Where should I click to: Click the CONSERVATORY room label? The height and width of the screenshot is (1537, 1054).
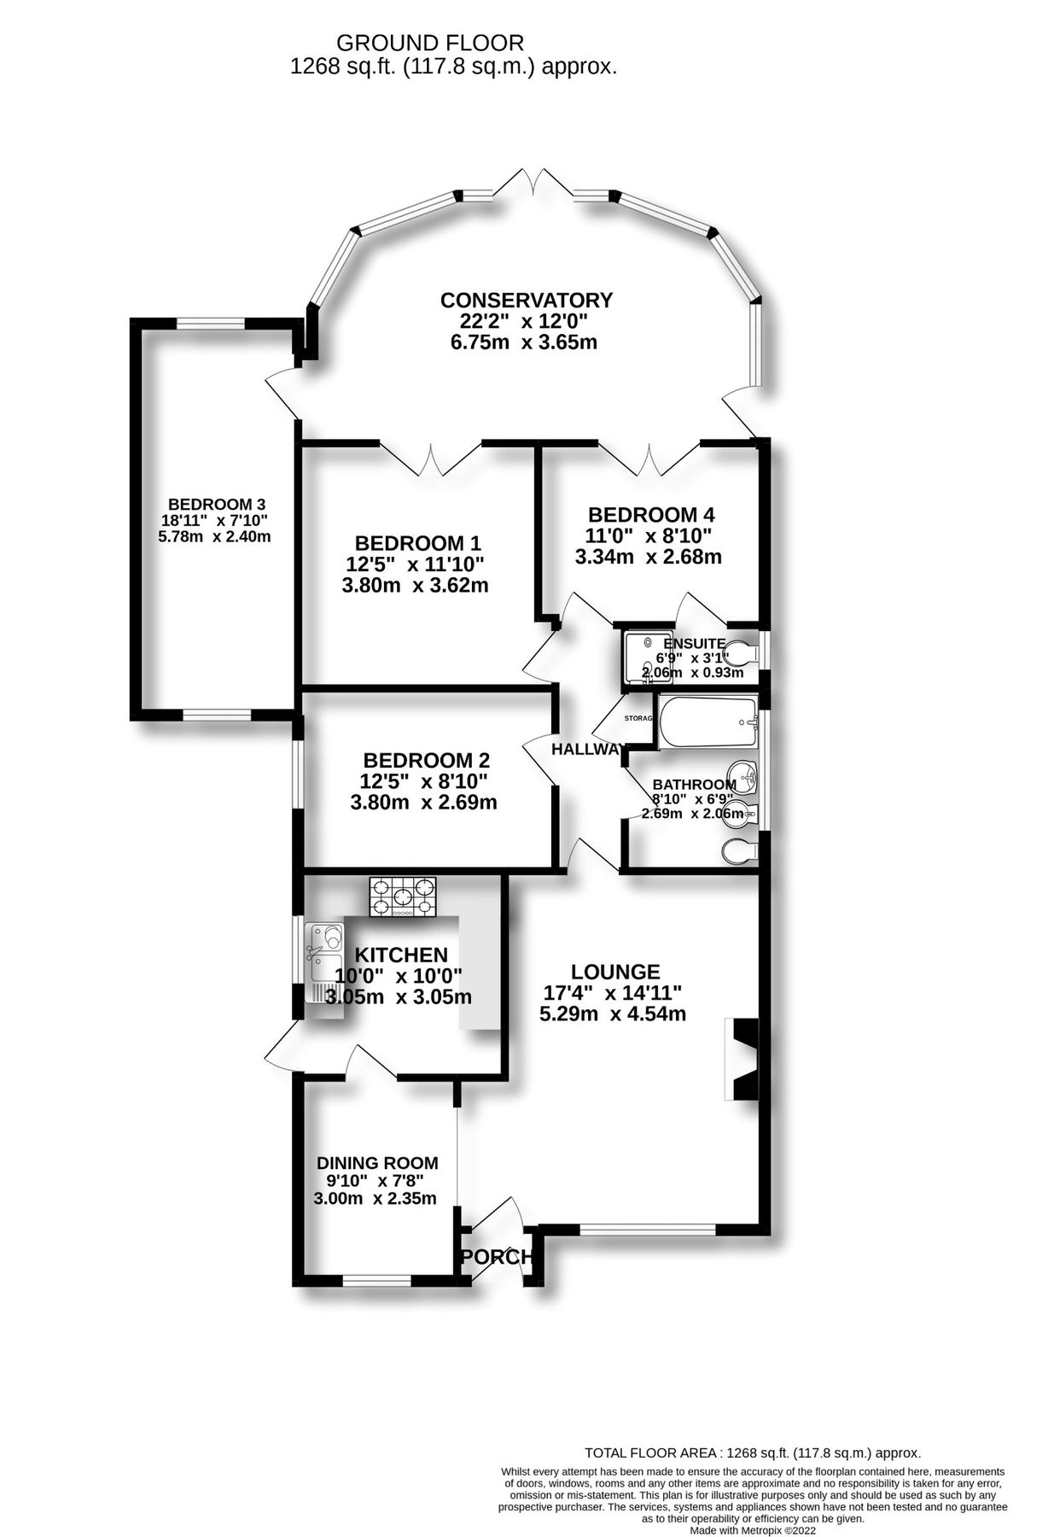coord(526,300)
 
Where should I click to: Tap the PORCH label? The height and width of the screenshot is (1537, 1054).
coord(497,1257)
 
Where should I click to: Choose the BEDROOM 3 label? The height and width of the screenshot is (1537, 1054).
coord(210,504)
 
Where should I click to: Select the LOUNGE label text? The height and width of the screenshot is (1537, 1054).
coord(614,972)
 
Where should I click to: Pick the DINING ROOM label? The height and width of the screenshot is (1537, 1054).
coord(377,1162)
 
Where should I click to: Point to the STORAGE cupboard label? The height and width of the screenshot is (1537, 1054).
coord(638,718)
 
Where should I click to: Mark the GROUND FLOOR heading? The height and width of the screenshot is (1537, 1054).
coord(430,42)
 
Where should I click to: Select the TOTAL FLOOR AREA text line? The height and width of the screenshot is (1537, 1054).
coord(752,1452)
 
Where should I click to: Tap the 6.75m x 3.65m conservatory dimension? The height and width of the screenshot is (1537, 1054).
coord(523,343)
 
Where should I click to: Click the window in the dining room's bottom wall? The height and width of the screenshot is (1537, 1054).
coord(376,1280)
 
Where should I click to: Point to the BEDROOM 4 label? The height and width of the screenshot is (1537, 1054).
coord(650,515)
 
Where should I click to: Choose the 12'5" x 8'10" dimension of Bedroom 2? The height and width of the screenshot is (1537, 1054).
coord(424,780)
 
